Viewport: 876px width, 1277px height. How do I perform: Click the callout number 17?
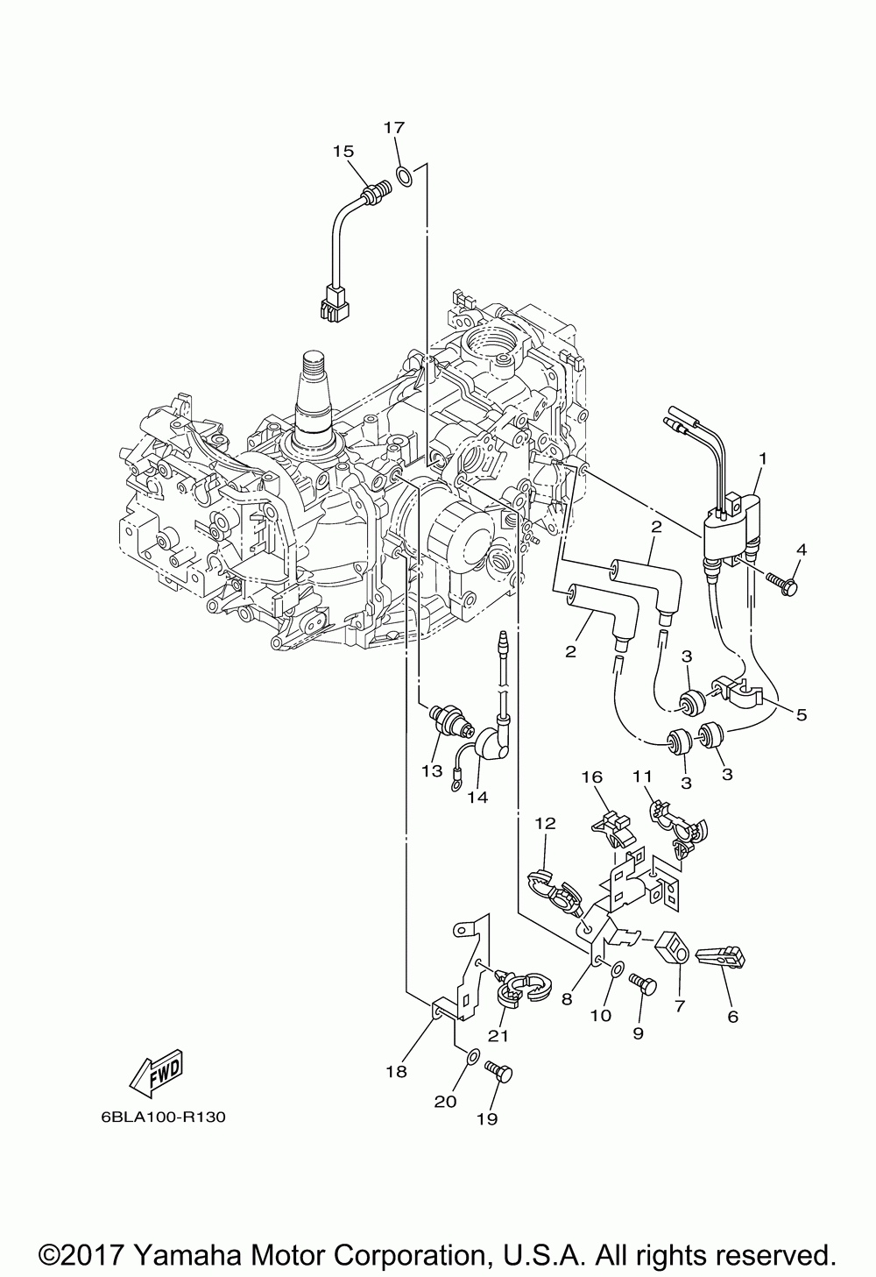point(394,127)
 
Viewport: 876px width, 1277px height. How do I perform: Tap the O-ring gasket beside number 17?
point(404,176)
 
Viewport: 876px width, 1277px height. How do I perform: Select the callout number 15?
point(343,151)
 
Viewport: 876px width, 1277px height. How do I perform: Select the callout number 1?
point(763,458)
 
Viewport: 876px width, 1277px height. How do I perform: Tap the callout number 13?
point(432,770)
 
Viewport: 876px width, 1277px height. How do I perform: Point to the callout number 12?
point(545,823)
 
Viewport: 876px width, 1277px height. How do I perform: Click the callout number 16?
point(592,777)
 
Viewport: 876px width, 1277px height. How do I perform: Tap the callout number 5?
point(802,715)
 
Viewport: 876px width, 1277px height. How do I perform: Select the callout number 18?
point(396,1072)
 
